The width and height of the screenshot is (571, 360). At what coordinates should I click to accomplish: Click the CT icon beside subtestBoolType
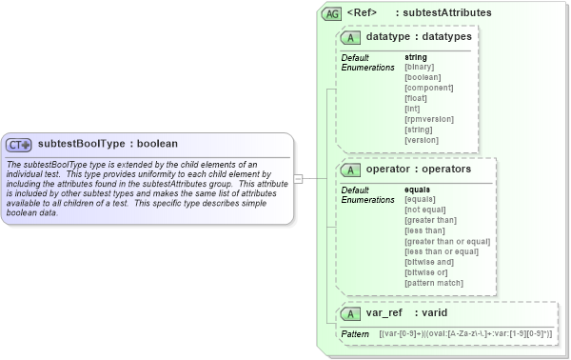point(19,145)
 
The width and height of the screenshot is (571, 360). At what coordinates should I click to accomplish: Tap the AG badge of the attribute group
point(332,14)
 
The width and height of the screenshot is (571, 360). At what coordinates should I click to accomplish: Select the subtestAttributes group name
point(447,13)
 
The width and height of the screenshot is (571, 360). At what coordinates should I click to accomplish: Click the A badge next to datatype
point(350,36)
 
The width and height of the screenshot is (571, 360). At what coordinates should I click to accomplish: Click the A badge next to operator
point(350,170)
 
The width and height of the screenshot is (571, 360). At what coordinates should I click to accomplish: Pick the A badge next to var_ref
point(350,312)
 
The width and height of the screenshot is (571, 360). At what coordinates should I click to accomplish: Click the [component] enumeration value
point(429,88)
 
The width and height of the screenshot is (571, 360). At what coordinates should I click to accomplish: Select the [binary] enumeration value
point(420,68)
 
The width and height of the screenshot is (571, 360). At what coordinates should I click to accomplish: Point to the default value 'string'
point(416,58)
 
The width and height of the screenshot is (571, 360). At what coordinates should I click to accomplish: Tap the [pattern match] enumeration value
point(434,283)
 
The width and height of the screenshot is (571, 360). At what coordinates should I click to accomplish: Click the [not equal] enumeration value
point(424,210)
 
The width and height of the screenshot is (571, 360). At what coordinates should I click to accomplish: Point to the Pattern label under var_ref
point(355,334)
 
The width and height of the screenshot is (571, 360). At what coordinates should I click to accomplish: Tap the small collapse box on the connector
point(299,178)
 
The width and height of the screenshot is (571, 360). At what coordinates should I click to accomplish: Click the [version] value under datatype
point(422,140)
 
